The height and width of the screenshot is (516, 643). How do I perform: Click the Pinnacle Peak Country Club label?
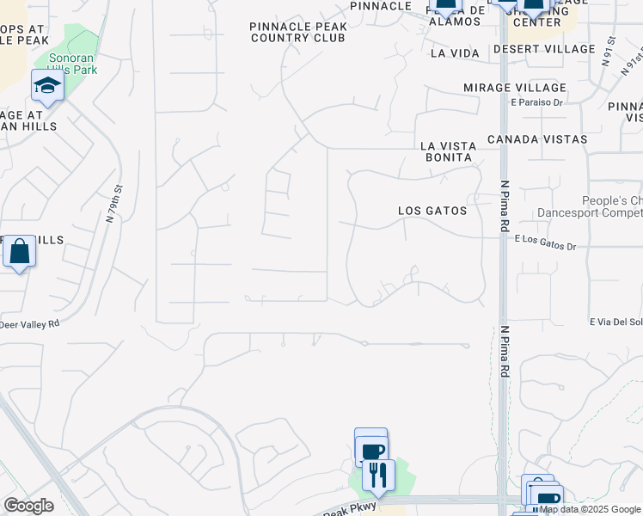tap(298, 32)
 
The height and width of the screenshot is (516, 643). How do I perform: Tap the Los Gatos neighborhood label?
tap(432, 211)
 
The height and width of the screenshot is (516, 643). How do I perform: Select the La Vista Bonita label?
tap(447, 152)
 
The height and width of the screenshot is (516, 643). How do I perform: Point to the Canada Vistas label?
tap(536, 138)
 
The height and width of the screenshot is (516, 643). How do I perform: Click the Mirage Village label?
tap(514, 88)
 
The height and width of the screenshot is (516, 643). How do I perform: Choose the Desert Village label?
tap(544, 49)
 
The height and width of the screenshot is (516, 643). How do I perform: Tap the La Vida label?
tap(454, 53)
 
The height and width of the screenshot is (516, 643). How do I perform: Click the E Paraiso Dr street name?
tap(536, 102)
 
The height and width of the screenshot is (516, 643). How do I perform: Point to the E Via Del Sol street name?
tap(615, 322)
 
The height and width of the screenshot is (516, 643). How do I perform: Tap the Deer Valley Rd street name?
tap(30, 324)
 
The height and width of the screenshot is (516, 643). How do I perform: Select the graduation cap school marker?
tap(47, 85)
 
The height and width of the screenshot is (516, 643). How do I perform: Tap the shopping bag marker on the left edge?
tap(19, 252)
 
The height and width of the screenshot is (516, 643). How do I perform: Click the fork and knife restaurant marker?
tap(378, 475)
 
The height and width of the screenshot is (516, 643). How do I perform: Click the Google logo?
tap(28, 506)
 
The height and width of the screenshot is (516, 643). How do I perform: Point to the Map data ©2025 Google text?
tap(591, 510)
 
